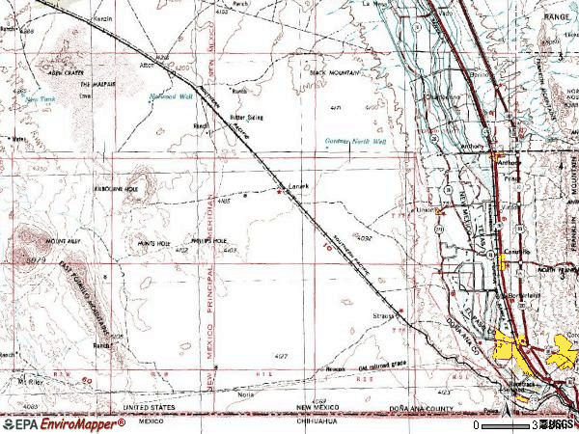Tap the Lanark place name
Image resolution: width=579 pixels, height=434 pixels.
pos(297,186)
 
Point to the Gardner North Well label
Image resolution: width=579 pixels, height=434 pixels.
pos(353,142)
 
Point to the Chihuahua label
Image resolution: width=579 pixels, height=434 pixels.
pos(317,421)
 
